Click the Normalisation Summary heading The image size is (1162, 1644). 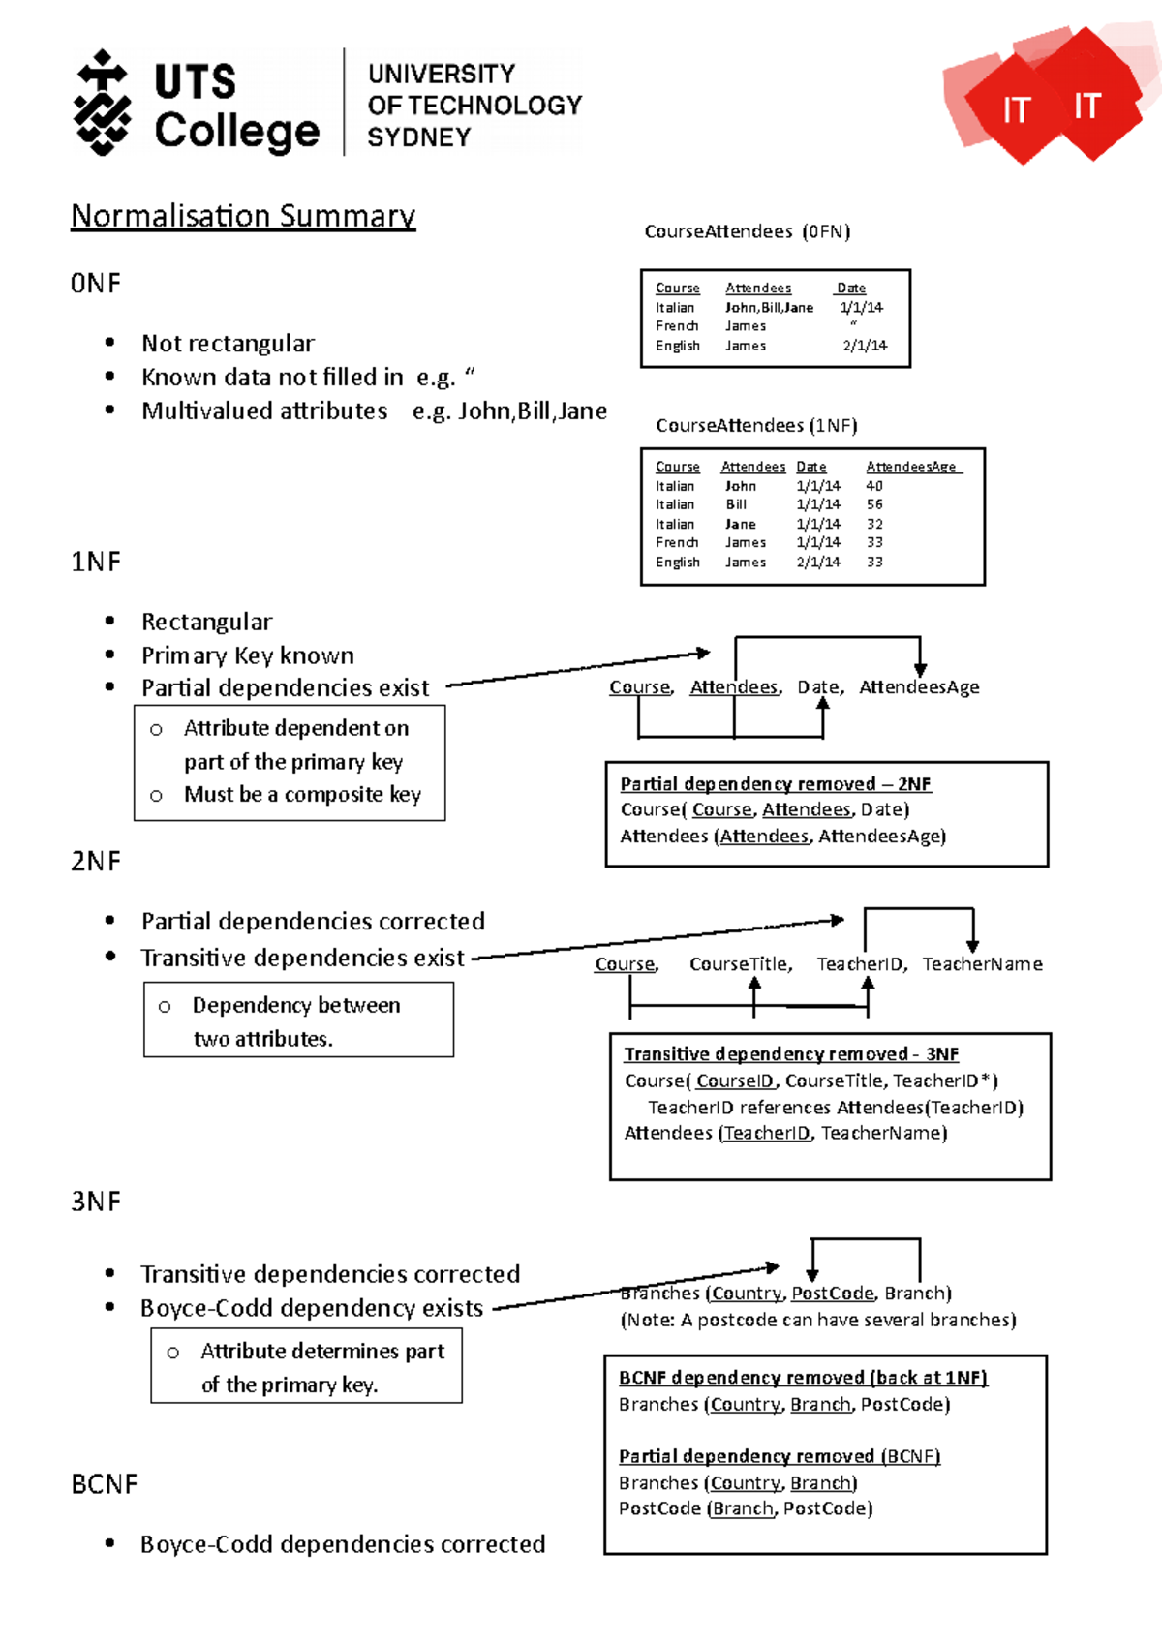click(x=243, y=215)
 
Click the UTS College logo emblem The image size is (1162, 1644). click(x=102, y=103)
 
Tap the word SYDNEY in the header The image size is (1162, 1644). click(x=418, y=137)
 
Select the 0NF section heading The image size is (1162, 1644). click(x=96, y=284)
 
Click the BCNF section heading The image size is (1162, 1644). click(x=104, y=1484)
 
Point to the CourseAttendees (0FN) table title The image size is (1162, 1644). click(x=747, y=231)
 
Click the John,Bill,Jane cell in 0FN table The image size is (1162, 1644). click(x=769, y=308)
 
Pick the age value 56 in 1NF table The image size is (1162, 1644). click(x=874, y=504)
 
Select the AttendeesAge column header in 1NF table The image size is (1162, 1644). click(x=911, y=467)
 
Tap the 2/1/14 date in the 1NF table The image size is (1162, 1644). click(x=818, y=562)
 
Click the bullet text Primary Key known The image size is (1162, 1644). click(x=248, y=655)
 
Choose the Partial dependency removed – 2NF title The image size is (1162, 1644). click(x=775, y=783)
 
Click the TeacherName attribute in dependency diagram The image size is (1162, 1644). click(x=982, y=964)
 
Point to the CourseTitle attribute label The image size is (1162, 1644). click(x=740, y=964)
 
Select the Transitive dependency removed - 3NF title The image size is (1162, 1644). click(x=791, y=1053)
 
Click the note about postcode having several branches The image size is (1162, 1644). click(x=818, y=1320)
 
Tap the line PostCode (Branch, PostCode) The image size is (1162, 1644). click(x=746, y=1508)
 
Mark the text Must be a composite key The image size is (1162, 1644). click(x=302, y=794)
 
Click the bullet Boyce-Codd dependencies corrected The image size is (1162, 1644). click(x=343, y=1543)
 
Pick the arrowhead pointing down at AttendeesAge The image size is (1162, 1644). click(x=920, y=670)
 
